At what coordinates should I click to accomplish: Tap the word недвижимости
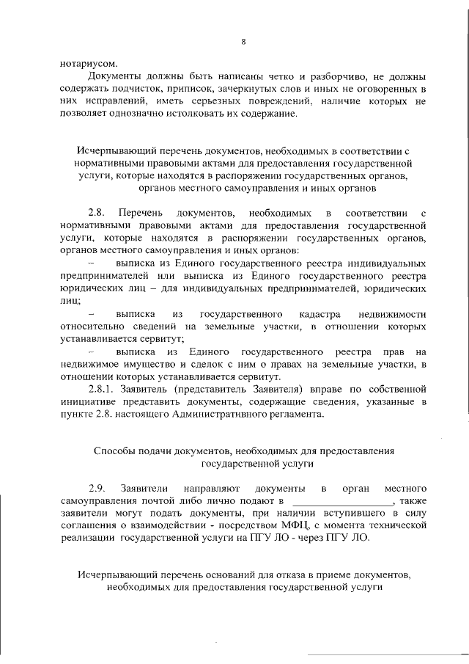tap(391, 313)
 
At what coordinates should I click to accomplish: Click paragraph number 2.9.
tap(97, 489)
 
